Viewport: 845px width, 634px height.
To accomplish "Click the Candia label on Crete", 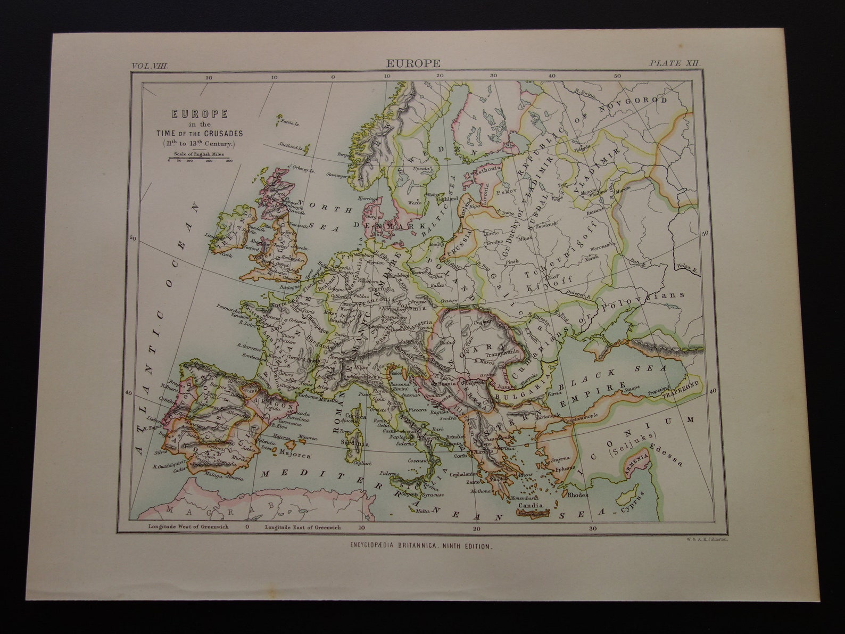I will pos(531,505).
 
